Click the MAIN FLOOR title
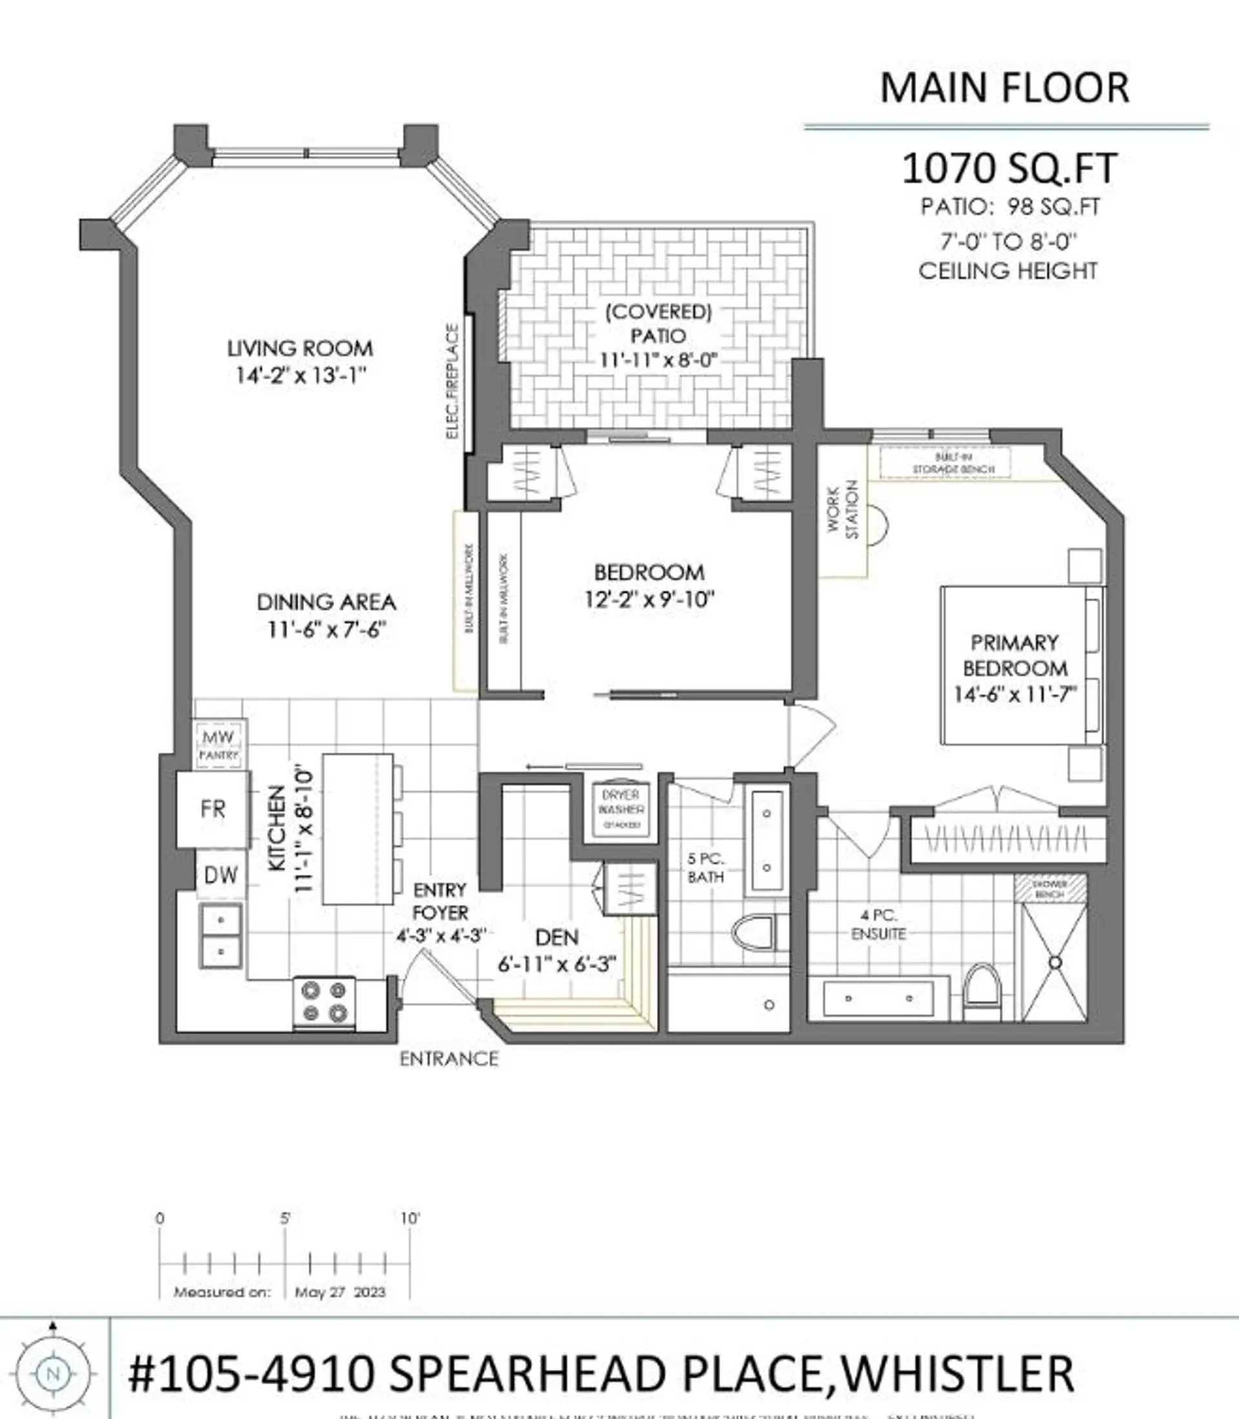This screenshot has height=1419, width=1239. pos(1004,88)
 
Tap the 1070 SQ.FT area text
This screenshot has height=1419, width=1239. pos(1009,168)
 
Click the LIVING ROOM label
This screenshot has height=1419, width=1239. pos(299,348)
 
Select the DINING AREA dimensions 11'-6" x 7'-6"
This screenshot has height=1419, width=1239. pos(326,630)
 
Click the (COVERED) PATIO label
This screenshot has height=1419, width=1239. pos(658,324)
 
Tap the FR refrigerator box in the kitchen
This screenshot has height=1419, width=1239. pos(213,809)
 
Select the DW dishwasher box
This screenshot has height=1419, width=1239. pos(221,875)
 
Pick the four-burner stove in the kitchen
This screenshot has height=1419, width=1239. pos(324,1002)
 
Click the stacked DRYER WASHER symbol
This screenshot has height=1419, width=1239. pos(621,809)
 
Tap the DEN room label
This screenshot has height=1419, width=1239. pos(556,937)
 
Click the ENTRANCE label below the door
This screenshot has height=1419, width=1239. pos(448,1059)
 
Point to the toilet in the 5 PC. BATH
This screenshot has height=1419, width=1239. pos(754,934)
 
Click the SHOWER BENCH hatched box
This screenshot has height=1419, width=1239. pos(1049,889)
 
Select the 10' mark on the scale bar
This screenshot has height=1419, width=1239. pos(410,1218)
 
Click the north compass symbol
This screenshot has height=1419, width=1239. pos(52,1373)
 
